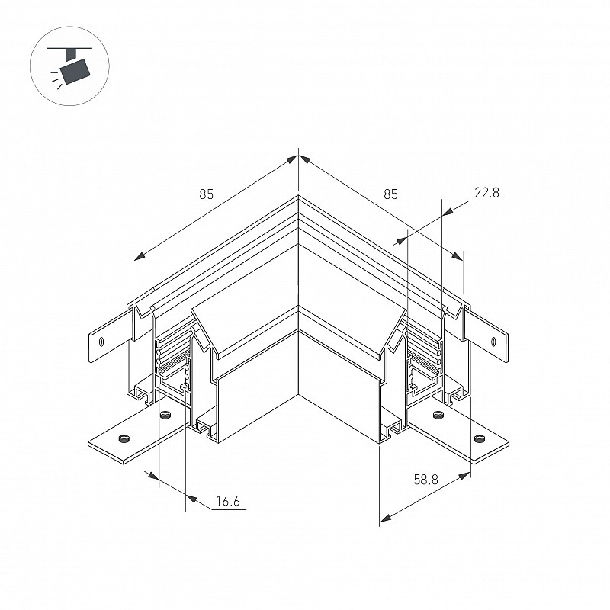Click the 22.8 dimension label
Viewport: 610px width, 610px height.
pos(486,193)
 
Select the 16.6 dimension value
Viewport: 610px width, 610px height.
pos(227,501)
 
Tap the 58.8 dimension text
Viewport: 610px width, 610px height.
pos(425,480)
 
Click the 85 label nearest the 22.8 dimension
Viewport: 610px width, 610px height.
pos(390,194)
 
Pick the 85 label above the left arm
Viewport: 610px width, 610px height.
pos(207,194)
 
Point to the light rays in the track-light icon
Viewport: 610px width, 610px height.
pos(56,79)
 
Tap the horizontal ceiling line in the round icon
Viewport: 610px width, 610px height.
pos(69,48)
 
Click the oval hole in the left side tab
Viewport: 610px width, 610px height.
pos(101,342)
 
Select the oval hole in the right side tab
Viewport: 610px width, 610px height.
pos(494,342)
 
